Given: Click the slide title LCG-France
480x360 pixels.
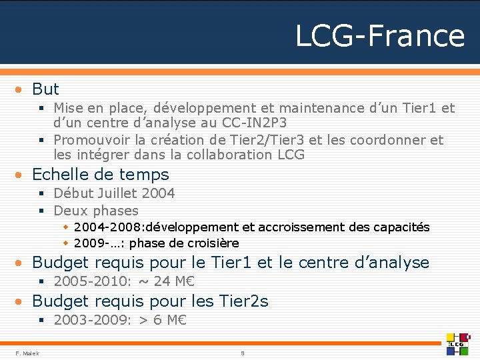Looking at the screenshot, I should click(379, 35).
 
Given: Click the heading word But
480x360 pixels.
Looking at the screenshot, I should click(45, 89).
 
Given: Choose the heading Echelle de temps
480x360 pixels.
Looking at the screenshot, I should click(101, 175).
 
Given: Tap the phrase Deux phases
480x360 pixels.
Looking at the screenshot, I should click(96, 211).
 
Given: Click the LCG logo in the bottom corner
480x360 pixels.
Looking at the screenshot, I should click(459, 343).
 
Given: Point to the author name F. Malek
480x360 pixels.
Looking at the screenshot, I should click(27, 353).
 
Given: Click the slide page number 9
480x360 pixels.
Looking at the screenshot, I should click(243, 353).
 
